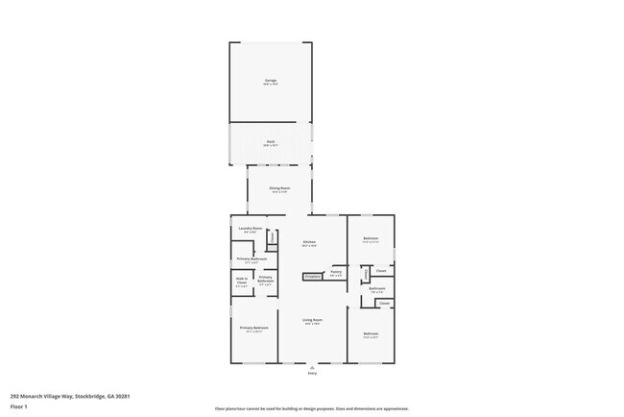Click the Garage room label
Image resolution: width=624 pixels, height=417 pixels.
tap(271, 82)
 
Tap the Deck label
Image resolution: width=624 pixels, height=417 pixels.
tap(271, 141)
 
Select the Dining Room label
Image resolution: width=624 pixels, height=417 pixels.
tap(279, 189)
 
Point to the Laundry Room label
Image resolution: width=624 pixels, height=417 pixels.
tap(251, 229)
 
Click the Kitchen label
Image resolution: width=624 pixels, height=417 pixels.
tap(309, 242)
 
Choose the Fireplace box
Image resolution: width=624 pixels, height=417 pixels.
tap(312, 277)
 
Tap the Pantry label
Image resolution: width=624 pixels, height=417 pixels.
tap(336, 272)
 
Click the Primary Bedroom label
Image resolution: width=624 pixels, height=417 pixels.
tap(253, 328)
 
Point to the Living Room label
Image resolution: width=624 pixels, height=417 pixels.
tap(312, 320)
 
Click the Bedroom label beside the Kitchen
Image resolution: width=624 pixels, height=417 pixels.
tap(371, 238)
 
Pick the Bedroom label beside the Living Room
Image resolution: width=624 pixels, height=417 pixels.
tap(371, 333)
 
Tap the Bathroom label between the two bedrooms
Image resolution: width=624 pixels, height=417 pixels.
tap(377, 288)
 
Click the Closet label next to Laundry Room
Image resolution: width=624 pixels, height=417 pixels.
tap(272, 239)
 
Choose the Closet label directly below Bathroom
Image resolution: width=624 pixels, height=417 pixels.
tap(384, 303)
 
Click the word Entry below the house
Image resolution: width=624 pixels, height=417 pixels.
tap(312, 372)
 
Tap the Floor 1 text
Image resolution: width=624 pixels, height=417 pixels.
tap(18, 406)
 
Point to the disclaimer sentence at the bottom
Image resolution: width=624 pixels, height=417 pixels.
tap(311, 408)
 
